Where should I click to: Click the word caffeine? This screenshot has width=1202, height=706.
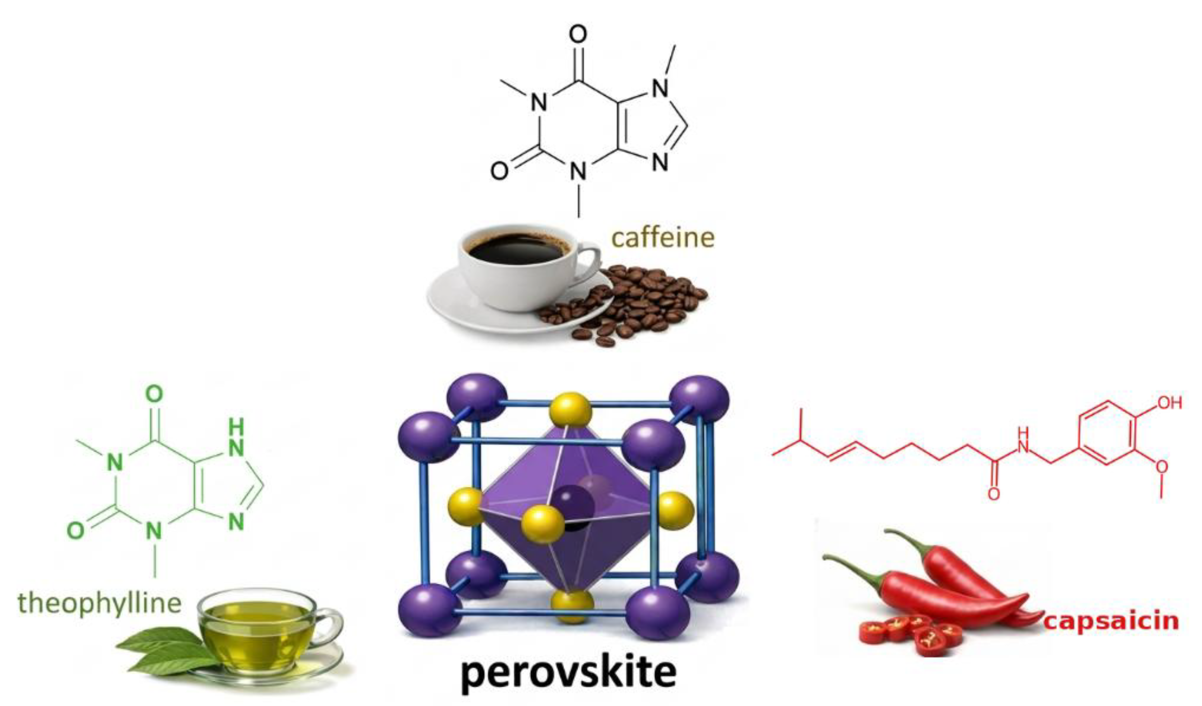coord(663,237)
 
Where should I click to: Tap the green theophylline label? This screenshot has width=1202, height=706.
coord(99,603)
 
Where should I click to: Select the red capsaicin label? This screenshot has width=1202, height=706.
coord(1111,621)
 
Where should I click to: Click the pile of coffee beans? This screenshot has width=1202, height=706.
coord(630,305)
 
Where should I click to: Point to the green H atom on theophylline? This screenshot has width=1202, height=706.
coord(236,425)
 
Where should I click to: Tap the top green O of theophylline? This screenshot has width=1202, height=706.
coord(154,394)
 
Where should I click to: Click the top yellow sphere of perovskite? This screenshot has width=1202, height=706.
coord(571,409)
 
